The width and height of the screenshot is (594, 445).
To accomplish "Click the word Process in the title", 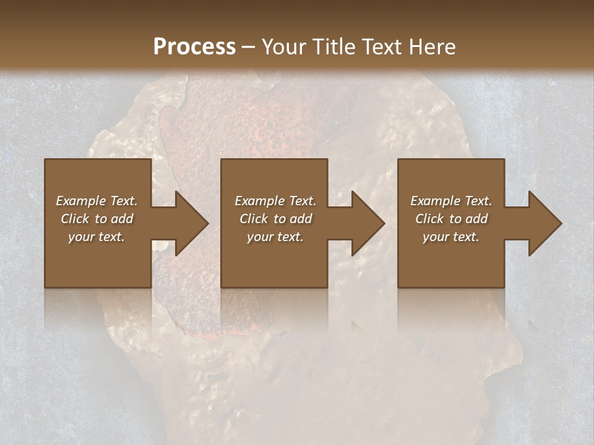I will (x=194, y=47).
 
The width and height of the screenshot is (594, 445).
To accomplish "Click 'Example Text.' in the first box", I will (x=97, y=201).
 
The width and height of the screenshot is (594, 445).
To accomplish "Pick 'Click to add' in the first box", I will (x=97, y=219).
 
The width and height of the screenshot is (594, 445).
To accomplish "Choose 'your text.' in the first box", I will (x=97, y=237).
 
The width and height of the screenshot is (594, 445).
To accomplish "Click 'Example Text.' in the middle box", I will (x=275, y=201).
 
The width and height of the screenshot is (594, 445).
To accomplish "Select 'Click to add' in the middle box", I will (x=275, y=219).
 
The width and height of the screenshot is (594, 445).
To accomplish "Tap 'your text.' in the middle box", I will (x=275, y=237).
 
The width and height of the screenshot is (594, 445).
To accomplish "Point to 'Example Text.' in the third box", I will (x=451, y=201).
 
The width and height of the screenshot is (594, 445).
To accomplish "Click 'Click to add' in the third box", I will (x=451, y=219).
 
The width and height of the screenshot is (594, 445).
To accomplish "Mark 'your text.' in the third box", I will (x=451, y=237).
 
